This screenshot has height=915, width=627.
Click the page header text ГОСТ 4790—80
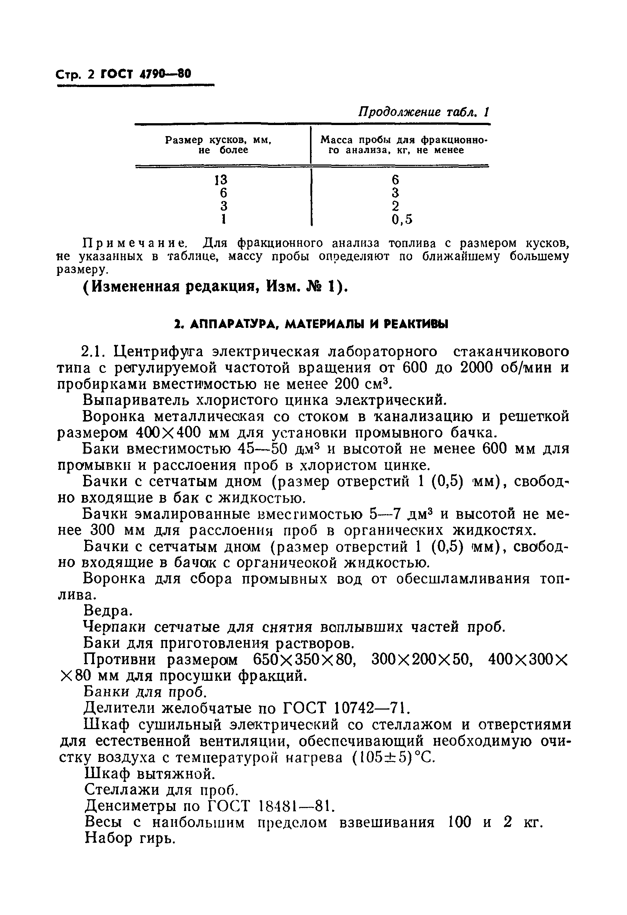(146, 74)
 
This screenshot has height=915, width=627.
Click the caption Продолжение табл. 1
(424, 112)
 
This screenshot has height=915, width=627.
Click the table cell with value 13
(221, 180)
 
